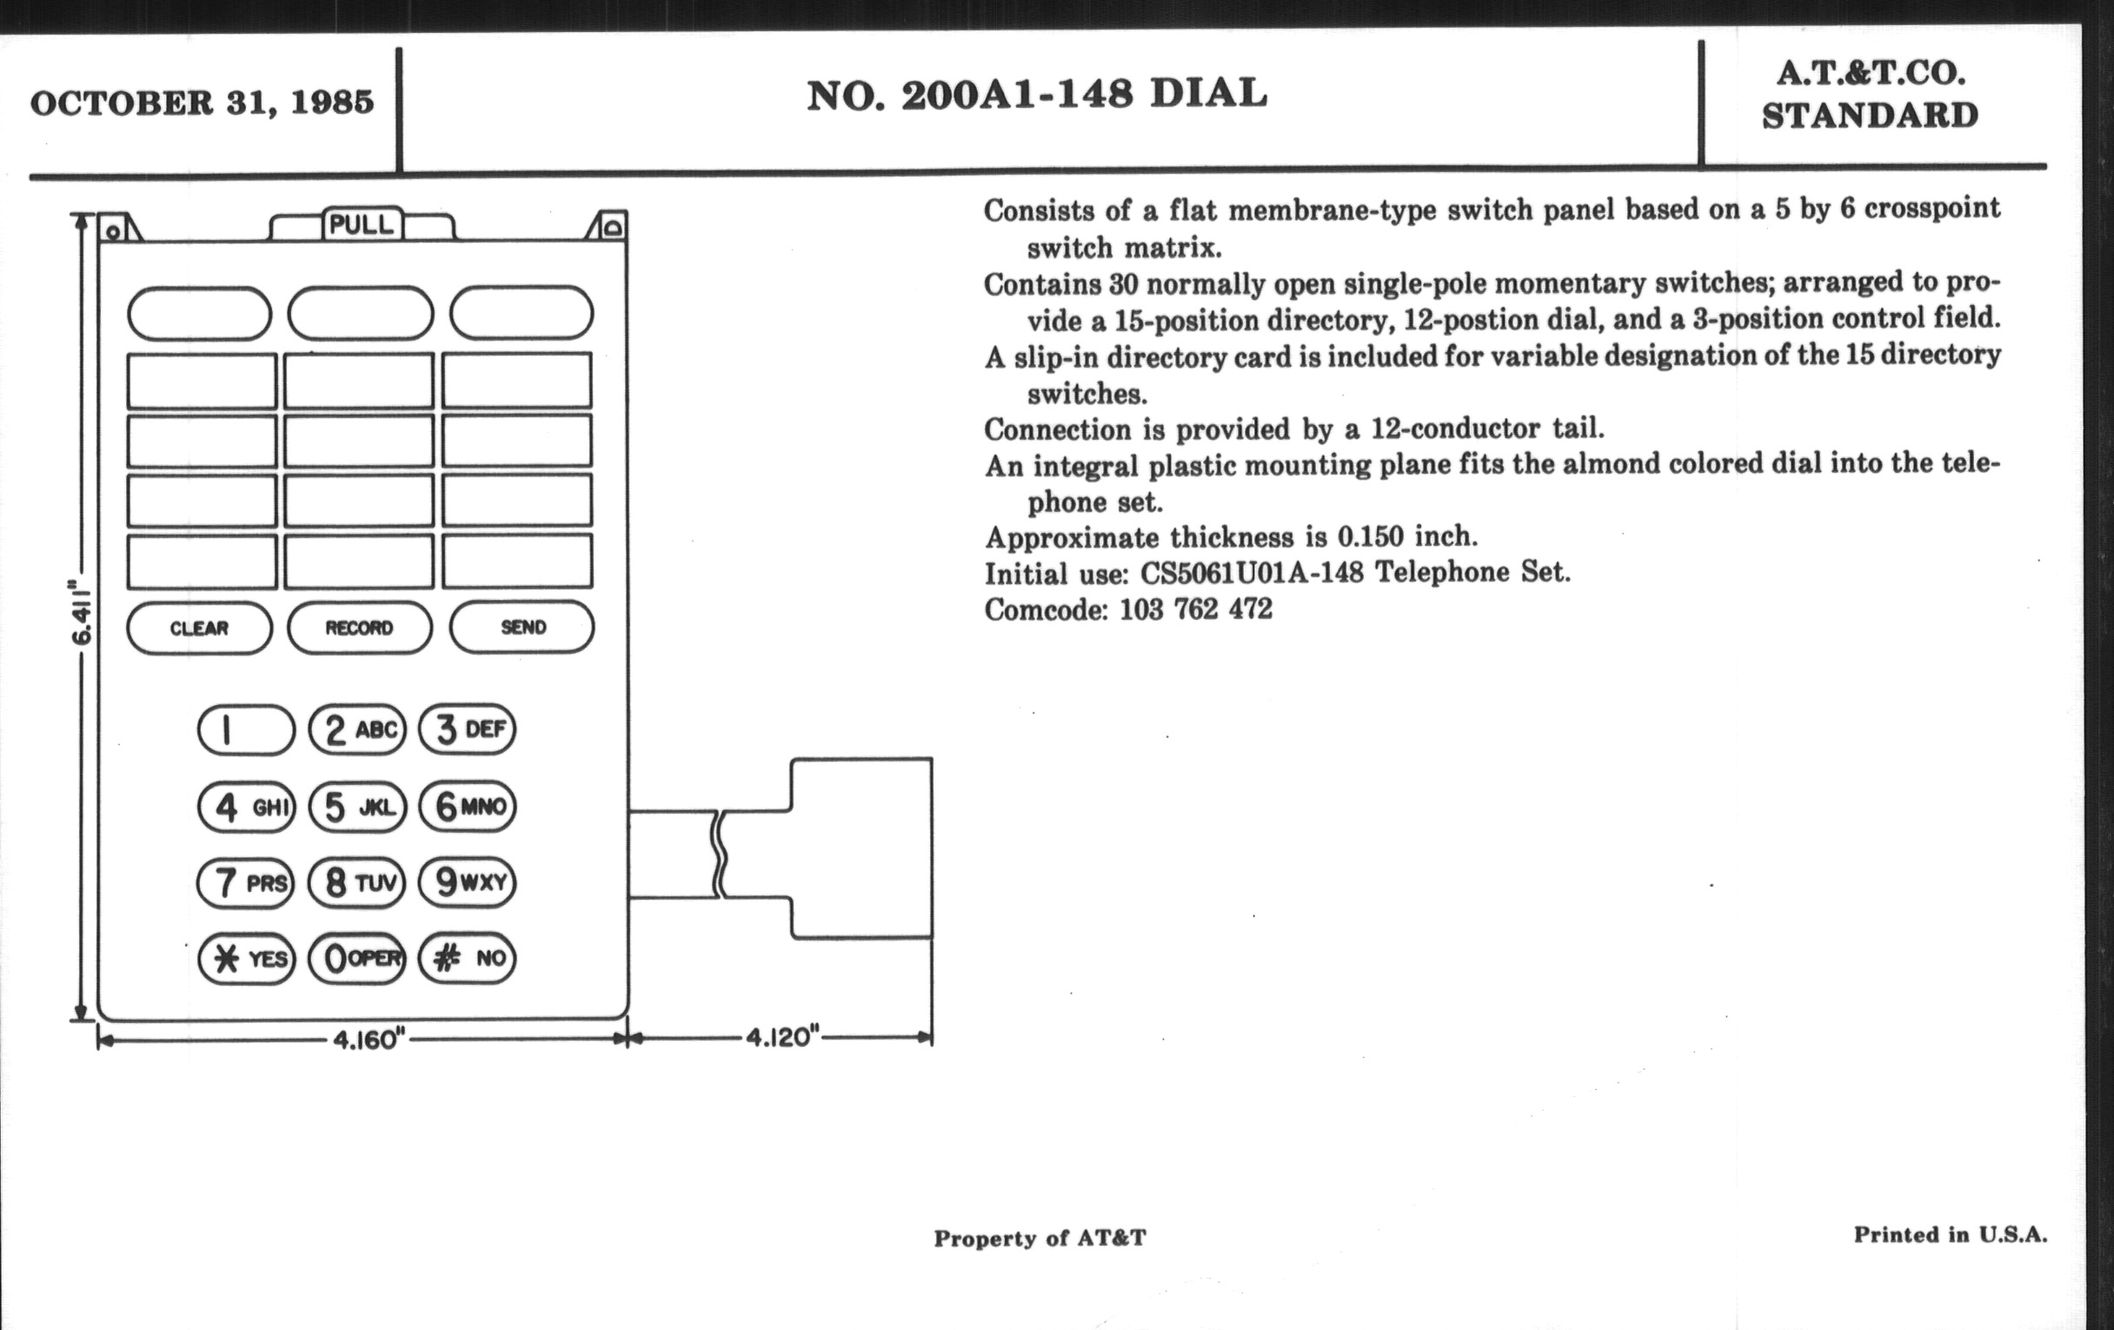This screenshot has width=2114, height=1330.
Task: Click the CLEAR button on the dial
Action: point(199,628)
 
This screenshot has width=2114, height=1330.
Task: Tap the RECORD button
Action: point(360,628)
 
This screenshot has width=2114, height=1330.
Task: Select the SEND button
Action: point(522,627)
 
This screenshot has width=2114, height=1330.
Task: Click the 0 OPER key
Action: point(357,958)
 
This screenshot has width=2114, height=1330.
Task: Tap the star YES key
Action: point(247,958)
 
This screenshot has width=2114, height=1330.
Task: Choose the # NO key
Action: point(468,957)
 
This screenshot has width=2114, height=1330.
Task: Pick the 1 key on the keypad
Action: point(247,729)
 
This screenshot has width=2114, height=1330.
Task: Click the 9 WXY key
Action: point(468,881)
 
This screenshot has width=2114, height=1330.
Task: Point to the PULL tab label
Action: point(362,225)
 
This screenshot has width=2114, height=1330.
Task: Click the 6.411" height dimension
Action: point(81,612)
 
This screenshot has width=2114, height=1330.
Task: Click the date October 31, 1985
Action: point(202,103)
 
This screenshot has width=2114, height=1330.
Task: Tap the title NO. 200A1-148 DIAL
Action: point(1037,95)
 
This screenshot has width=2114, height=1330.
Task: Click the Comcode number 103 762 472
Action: point(1196,609)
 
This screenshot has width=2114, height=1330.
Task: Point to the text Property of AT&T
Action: point(1040,1238)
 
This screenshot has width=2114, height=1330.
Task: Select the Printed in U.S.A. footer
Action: point(1951,1235)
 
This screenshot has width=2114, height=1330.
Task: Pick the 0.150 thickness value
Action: point(1372,536)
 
